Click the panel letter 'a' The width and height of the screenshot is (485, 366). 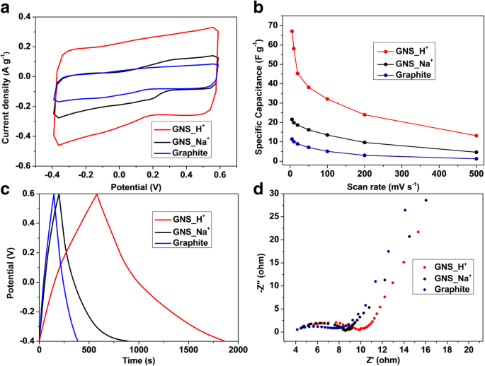pos(6,6)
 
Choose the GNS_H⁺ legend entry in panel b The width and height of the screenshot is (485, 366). pos(401,50)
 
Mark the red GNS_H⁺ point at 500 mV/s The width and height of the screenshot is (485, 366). pos(476,136)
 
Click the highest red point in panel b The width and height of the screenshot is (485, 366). pos(292,31)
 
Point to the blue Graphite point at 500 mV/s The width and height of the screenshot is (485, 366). pos(476,159)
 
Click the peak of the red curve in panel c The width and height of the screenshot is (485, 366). pos(96,194)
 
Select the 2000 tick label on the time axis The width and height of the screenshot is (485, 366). pos(237,350)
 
